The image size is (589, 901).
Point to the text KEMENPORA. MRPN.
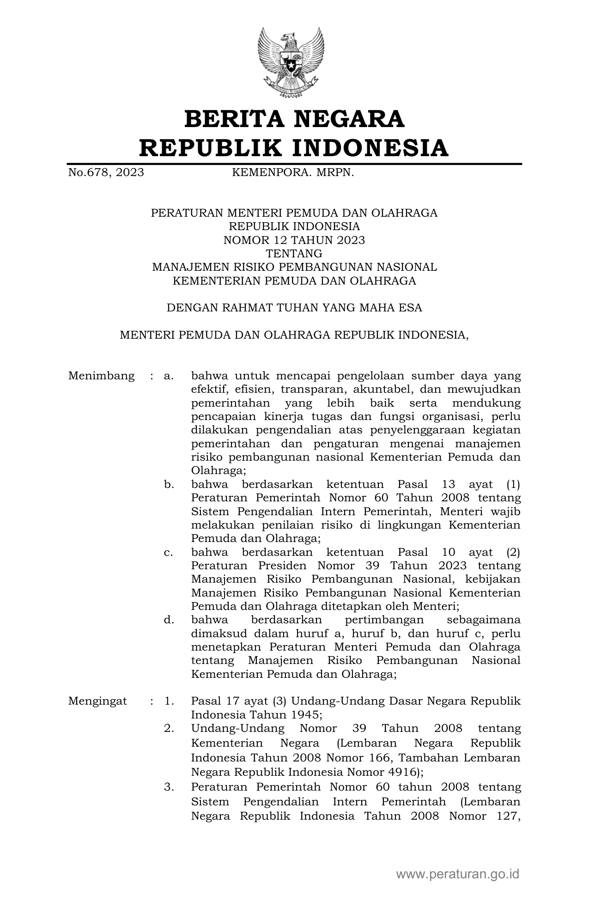pos(292,173)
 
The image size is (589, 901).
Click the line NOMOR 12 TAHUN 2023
pos(294,240)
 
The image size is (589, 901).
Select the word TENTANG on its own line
pos(294,254)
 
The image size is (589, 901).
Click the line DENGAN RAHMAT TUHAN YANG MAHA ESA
pos(294,308)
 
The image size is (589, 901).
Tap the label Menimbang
pos(101,376)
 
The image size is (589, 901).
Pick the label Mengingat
pos(97,701)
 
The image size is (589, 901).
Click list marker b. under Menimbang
pos(169,484)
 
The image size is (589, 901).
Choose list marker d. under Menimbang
pos(169,620)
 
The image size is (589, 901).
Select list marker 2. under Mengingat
pos(169,728)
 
